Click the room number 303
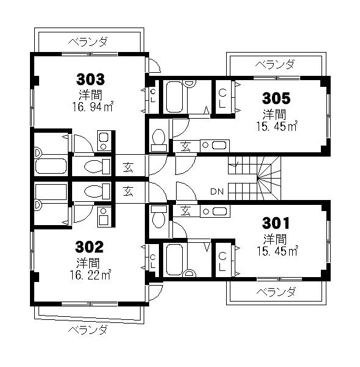90,79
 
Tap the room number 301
275,222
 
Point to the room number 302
89,247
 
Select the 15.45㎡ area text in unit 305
276,127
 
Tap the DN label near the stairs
216,191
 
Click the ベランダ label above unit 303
88,42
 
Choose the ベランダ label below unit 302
87,330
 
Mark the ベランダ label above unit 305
274,64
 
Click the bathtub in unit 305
175,97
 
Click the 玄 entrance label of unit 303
128,166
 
